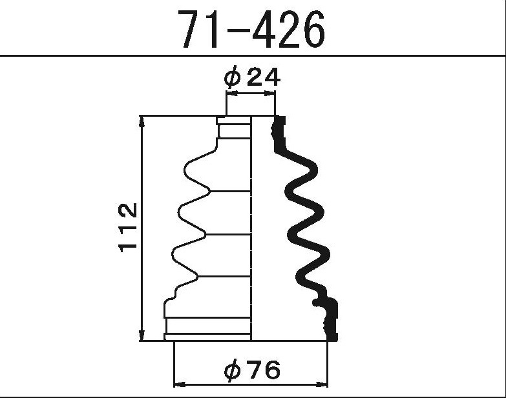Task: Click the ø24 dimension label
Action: [x=253, y=77]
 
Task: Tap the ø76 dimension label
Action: [x=253, y=370]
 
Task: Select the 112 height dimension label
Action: [x=129, y=227]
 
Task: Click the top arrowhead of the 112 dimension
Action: [x=142, y=121]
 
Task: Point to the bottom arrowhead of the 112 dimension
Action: [x=142, y=335]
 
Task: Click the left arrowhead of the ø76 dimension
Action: [x=180, y=384]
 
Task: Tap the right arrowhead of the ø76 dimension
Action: [x=322, y=384]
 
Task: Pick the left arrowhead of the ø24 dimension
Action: [x=232, y=93]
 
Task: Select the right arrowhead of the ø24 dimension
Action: [x=269, y=93]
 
